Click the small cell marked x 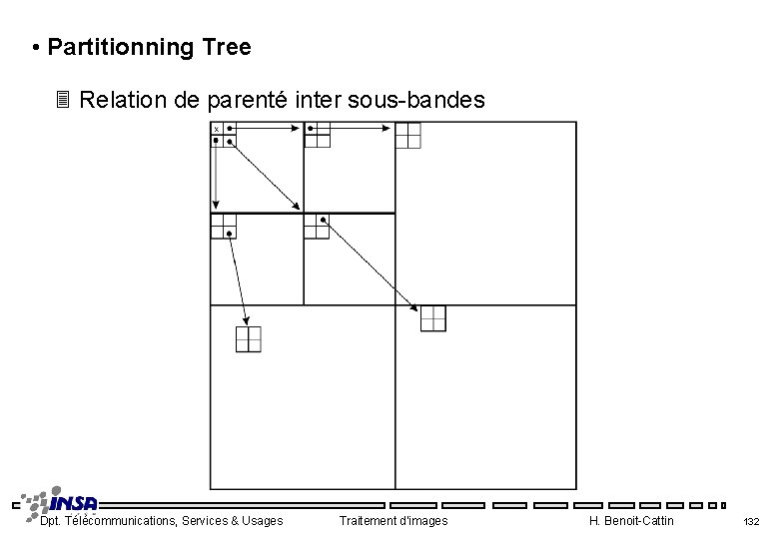click(217, 129)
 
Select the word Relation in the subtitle click(120, 100)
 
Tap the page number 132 click(751, 521)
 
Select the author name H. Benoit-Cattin click(631, 520)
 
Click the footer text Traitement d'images click(393, 520)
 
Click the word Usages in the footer click(261, 520)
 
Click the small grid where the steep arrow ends click(248, 339)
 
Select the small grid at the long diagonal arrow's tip click(432, 318)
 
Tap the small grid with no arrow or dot click(408, 135)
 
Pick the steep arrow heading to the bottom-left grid click(239, 279)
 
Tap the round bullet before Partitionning click(35, 48)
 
